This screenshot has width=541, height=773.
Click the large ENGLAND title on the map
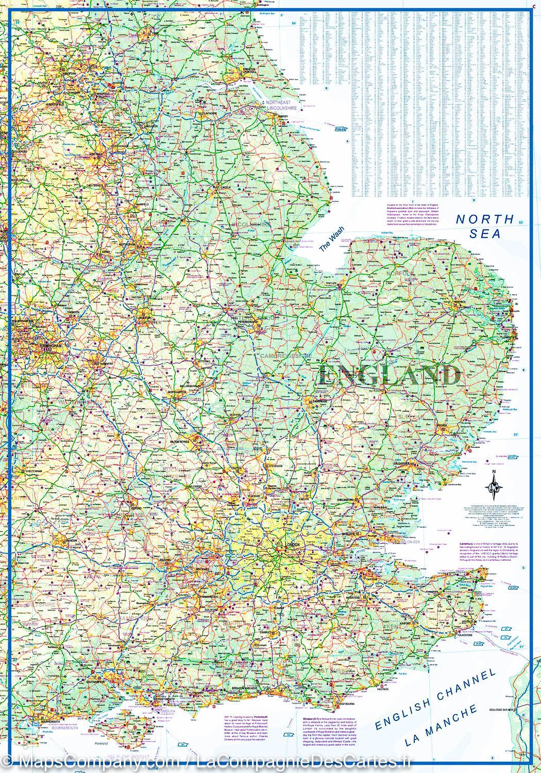[x=390, y=375]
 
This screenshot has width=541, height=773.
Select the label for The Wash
[x=331, y=240]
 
